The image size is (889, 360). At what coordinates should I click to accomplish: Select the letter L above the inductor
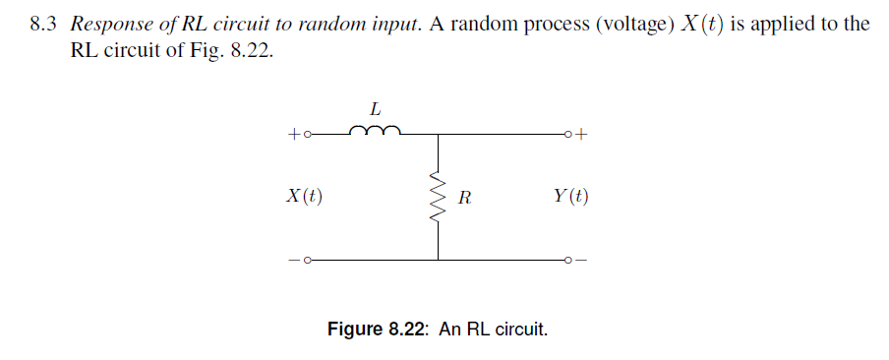374,107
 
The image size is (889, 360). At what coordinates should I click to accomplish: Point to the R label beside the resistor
465,197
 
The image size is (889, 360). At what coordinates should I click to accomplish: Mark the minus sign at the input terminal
293,261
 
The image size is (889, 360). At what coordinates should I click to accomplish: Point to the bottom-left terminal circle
306,261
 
